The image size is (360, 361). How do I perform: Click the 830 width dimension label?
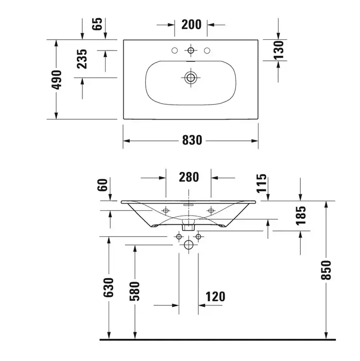click(x=192, y=140)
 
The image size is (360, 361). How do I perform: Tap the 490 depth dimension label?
click(x=57, y=80)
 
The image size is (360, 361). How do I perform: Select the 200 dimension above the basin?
click(x=191, y=24)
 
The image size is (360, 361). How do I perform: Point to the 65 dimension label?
click(x=97, y=24)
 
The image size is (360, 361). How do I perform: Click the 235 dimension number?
click(x=82, y=59)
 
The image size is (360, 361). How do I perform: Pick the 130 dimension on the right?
click(x=279, y=50)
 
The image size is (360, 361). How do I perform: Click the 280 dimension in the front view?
click(x=188, y=177)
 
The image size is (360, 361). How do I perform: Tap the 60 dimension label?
click(x=102, y=185)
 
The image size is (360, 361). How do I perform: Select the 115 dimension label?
click(x=262, y=183)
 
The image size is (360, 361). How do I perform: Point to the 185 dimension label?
click(x=301, y=216)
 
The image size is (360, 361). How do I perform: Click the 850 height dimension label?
click(x=326, y=270)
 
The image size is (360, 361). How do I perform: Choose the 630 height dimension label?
click(x=109, y=288)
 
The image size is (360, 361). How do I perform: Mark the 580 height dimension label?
click(x=135, y=291)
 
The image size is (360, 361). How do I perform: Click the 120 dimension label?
click(x=215, y=297)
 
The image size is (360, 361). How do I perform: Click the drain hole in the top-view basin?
click(x=191, y=77)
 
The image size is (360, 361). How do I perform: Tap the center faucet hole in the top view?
click(x=191, y=51)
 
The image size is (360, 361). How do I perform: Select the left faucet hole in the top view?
click(x=175, y=51)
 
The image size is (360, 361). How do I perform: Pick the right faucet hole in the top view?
click(x=207, y=51)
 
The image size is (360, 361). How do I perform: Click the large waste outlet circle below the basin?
click(x=188, y=245)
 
